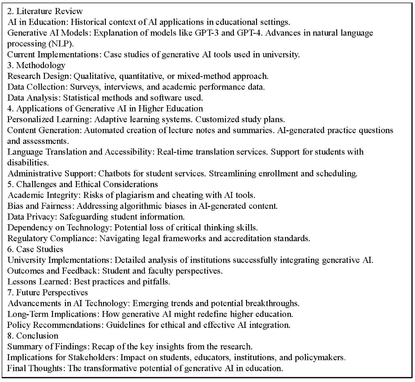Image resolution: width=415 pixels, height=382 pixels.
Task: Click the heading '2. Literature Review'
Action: [45, 11]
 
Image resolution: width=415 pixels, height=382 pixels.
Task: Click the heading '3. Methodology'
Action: [36, 65]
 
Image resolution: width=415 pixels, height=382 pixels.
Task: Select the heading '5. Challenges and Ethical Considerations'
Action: [83, 184]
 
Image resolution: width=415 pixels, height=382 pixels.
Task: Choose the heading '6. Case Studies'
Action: [35, 249]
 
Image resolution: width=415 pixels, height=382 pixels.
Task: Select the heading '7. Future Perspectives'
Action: [48, 292]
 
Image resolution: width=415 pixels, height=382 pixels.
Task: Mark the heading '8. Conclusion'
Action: [33, 336]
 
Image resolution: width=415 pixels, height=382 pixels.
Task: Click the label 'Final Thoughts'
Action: [34, 368]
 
